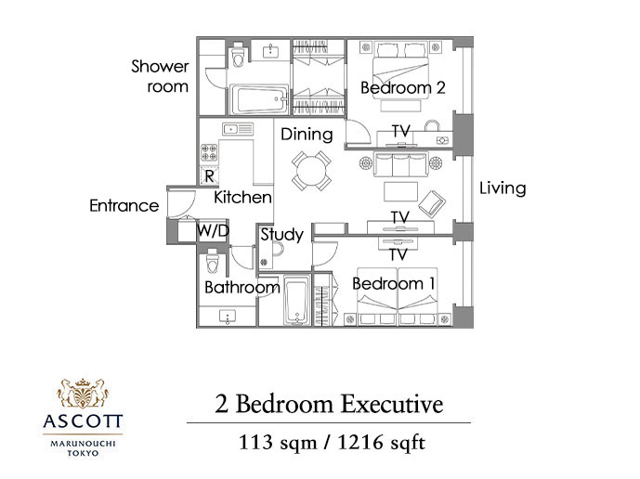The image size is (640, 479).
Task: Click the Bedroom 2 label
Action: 403,87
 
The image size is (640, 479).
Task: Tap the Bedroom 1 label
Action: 394,283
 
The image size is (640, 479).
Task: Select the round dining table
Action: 311,171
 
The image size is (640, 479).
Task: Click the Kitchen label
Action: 242,198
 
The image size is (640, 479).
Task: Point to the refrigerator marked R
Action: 209,175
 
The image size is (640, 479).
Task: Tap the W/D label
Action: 213,231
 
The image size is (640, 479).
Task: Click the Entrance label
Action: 124,206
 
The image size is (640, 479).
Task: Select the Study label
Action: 282,235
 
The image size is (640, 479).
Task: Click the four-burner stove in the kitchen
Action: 209,152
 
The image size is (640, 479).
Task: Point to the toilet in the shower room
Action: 238,56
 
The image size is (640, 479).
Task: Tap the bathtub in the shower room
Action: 259,99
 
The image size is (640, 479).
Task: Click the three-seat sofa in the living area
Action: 400,164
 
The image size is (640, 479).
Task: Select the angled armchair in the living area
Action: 432,203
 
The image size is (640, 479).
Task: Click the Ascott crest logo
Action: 83,394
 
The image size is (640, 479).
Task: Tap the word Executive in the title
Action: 392,405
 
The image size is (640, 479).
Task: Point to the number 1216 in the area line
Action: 360,442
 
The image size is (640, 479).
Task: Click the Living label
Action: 503,188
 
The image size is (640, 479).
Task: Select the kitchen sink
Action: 238,129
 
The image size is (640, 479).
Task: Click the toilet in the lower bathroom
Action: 212,261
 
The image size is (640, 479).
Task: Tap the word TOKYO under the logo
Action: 83,453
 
